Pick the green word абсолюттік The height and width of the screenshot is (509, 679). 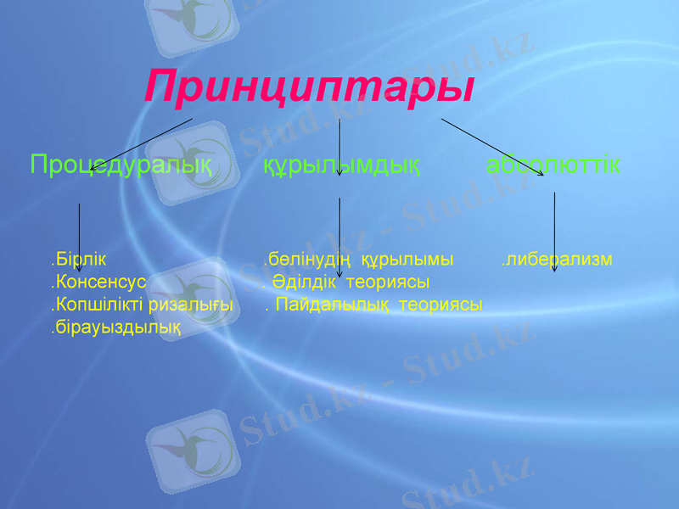[553, 165]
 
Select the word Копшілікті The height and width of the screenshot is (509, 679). [98, 304]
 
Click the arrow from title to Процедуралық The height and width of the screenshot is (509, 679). [140, 145]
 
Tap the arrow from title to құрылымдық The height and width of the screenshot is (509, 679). [339, 146]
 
